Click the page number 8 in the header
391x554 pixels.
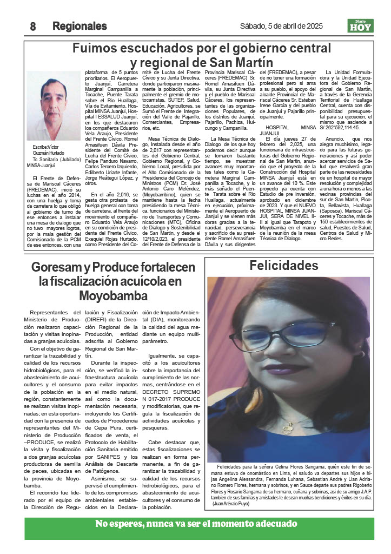[32, 26]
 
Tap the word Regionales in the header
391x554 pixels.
[79, 26]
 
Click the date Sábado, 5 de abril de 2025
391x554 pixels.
[281, 26]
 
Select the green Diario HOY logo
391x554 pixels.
[360, 25]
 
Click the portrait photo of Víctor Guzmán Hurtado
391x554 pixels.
[54, 106]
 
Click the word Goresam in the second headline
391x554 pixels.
[58, 267]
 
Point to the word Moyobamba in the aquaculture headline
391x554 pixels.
[113, 296]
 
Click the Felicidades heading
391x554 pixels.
[283, 266]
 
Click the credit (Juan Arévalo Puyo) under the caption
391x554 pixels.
[235, 504]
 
